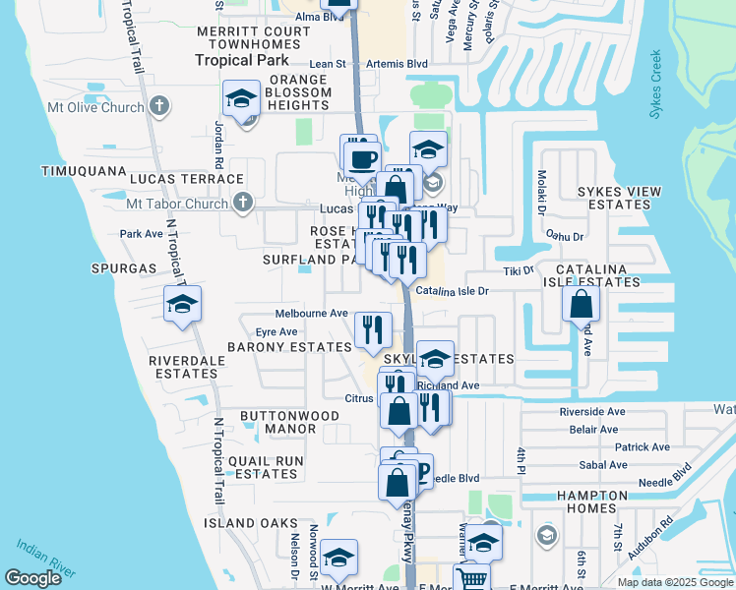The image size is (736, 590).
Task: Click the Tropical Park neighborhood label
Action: (241, 60)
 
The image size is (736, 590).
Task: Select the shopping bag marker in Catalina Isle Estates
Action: (582, 305)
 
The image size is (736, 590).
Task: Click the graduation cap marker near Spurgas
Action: (182, 305)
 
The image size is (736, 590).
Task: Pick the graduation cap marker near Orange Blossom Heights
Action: (240, 99)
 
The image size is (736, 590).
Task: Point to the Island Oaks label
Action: (251, 523)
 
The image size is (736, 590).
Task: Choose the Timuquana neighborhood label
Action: (85, 170)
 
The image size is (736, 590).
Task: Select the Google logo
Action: (32, 579)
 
